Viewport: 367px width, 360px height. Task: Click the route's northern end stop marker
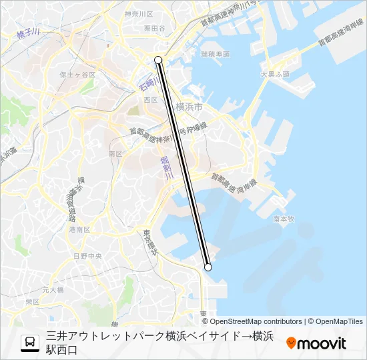click(158, 60)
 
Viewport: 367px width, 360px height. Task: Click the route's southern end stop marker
click(208, 267)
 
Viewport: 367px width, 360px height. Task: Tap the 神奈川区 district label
click(139, 14)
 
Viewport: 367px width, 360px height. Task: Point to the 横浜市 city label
click(189, 107)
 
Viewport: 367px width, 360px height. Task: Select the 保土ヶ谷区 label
click(77, 75)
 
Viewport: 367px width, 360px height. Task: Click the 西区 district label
click(150, 100)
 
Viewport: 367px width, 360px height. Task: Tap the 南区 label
click(115, 153)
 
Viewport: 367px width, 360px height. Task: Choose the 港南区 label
click(79, 229)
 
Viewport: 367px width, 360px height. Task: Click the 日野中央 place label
click(87, 256)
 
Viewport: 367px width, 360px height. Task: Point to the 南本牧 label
click(284, 218)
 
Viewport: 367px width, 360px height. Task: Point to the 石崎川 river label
click(147, 82)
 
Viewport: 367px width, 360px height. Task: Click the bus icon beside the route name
click(30, 343)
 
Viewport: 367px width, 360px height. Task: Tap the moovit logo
click(316, 343)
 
